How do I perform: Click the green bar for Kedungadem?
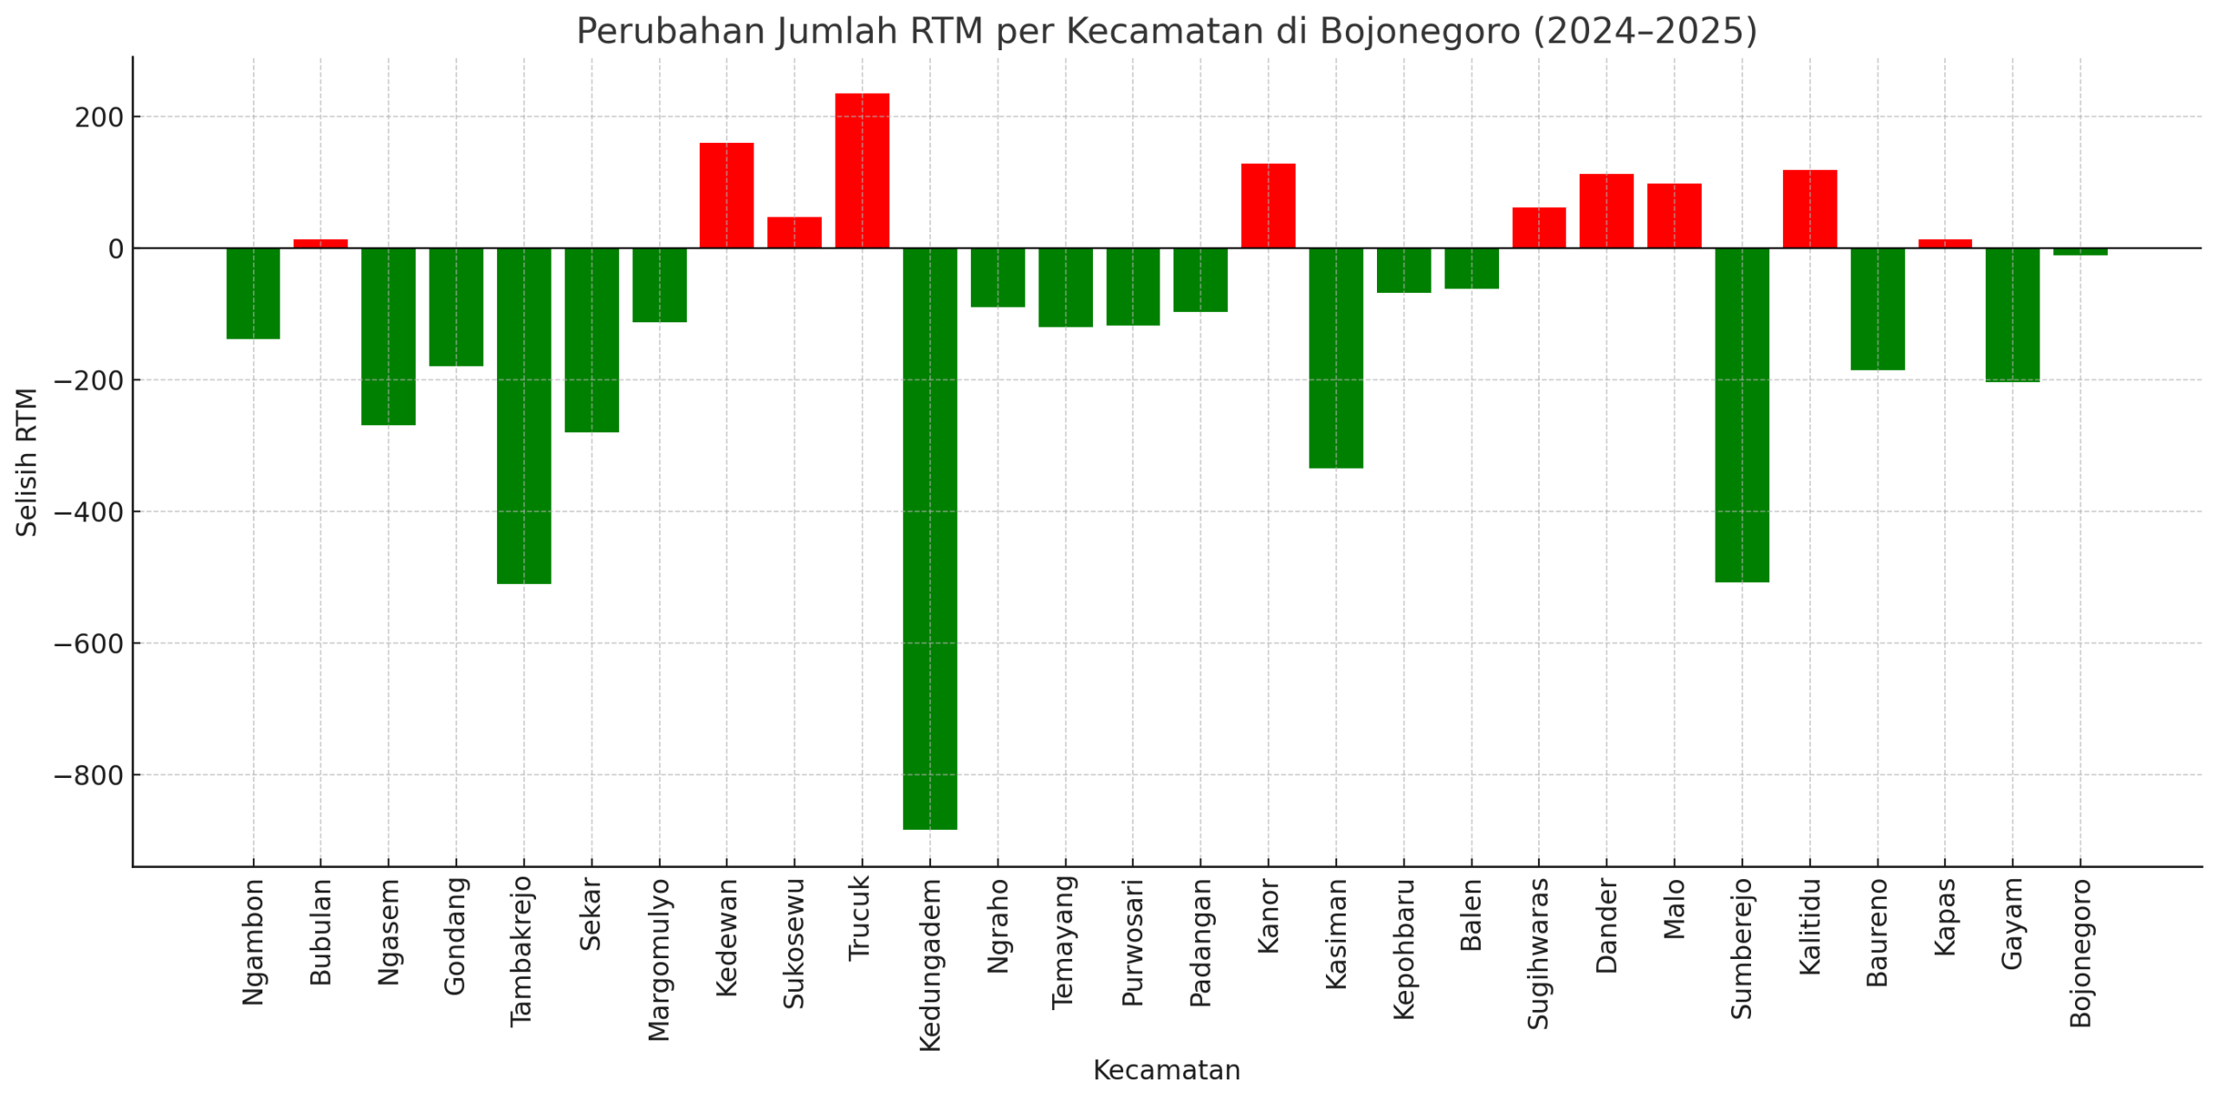click(929, 537)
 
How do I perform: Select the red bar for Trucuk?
click(862, 171)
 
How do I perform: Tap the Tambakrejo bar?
click(524, 416)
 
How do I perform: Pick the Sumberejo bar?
click(1742, 415)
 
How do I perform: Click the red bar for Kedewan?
click(727, 196)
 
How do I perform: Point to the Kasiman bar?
click(1335, 358)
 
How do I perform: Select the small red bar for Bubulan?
click(320, 243)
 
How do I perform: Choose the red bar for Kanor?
click(1268, 205)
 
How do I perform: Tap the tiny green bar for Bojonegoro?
click(2080, 251)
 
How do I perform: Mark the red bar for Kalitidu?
click(1810, 209)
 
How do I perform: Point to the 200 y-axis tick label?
click(99, 117)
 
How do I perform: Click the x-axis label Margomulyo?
click(659, 959)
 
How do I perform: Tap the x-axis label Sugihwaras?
click(1539, 953)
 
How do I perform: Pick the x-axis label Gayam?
click(2013, 923)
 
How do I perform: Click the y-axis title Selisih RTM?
click(27, 462)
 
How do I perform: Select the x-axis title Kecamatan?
click(1167, 1070)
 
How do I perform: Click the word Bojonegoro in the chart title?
click(1419, 31)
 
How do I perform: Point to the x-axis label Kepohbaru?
click(1404, 949)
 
